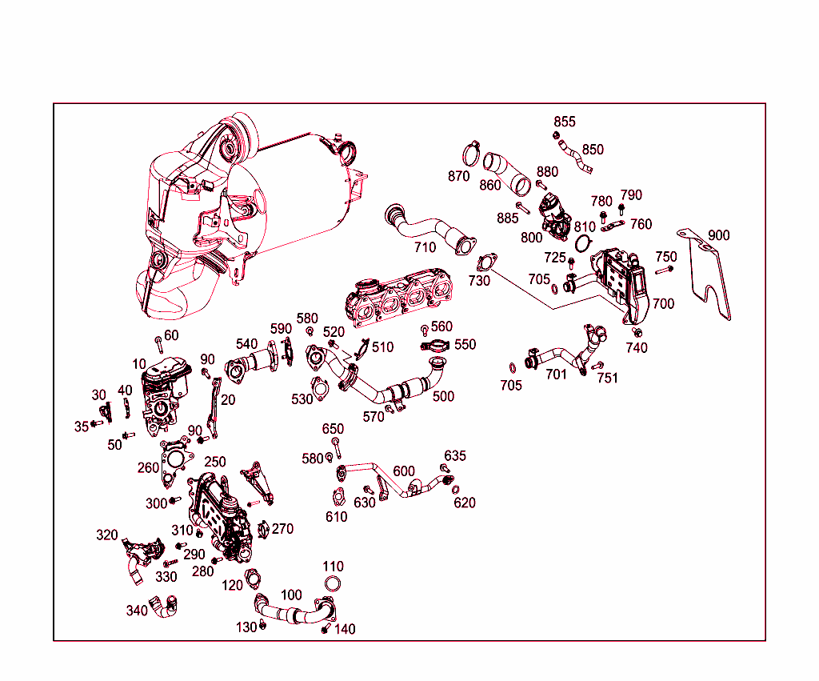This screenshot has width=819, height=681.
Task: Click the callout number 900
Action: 719,235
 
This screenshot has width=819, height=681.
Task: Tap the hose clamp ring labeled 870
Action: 471,154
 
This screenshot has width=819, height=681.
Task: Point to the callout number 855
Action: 565,122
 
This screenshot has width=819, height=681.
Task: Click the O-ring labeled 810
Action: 583,242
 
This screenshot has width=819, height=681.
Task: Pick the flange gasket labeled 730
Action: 487,262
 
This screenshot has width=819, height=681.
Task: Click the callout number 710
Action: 425,247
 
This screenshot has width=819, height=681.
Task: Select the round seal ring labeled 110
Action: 333,584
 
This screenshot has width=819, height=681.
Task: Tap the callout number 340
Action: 137,611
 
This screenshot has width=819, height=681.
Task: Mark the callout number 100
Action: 291,595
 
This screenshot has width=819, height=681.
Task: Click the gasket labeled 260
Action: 175,461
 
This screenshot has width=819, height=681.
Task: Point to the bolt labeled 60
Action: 159,345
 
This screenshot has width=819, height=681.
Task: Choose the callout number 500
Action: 443,397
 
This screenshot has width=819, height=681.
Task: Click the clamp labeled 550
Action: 434,346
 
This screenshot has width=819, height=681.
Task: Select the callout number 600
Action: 404,471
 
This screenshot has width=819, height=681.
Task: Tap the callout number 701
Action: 556,375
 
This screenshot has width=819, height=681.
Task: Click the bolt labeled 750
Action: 664,270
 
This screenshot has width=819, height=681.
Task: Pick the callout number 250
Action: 214,462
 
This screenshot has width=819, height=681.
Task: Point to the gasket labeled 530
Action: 318,388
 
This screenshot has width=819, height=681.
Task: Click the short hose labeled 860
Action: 505,173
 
